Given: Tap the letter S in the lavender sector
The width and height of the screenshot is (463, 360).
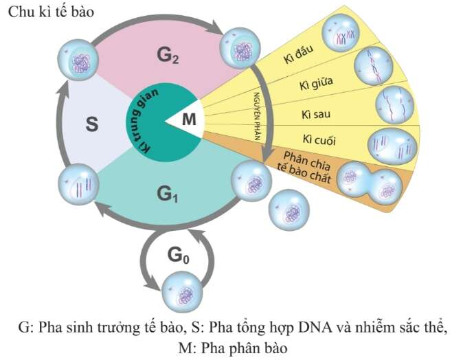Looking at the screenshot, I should (x=92, y=124).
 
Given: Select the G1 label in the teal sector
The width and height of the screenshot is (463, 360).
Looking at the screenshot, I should (x=168, y=194).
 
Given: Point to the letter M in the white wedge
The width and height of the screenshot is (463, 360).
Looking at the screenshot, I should (x=188, y=121).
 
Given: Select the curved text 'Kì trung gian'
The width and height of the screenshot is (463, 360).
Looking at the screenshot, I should (x=144, y=124).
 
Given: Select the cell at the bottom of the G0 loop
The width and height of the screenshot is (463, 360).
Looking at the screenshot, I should (x=181, y=293).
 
